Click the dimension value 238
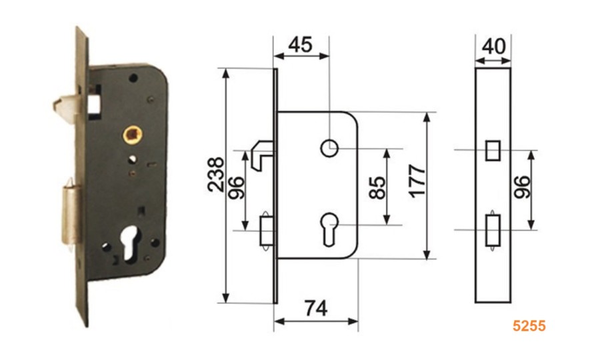216,174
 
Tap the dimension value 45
300,45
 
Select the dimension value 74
316,309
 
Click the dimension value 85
377,187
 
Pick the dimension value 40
493,47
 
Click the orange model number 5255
529,325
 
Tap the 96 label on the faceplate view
522,187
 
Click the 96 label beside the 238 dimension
236,188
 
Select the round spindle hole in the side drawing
329,149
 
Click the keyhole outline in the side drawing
329,229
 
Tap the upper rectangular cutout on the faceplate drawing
493,151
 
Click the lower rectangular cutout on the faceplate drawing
493,230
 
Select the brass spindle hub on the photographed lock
133,134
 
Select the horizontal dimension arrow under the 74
316,321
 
